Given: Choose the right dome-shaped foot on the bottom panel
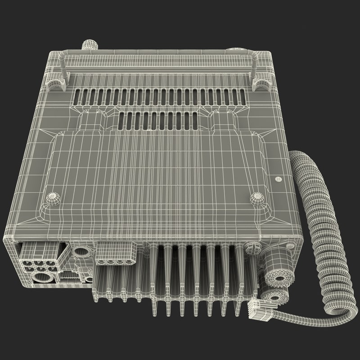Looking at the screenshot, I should [x=257, y=197].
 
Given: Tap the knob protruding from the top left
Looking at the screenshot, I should [x=90, y=45].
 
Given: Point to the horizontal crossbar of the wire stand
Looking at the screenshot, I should [x=157, y=57].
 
